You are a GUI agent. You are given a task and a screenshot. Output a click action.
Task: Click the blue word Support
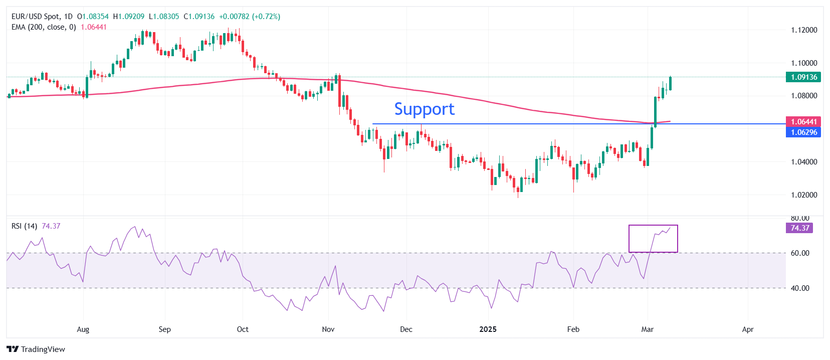[x=424, y=109]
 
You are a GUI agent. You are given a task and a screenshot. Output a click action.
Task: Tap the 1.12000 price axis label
[x=804, y=30]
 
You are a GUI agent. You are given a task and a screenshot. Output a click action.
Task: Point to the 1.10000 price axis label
[x=804, y=63]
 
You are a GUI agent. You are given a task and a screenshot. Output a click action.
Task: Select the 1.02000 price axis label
[x=804, y=195]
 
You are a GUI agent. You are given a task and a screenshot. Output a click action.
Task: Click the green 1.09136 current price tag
[x=803, y=77]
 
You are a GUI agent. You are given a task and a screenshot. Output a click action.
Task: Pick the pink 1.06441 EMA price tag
[x=803, y=122]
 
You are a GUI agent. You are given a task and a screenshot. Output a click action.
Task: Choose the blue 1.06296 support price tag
[x=803, y=132]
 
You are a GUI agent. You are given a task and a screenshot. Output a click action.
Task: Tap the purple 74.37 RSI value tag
[x=799, y=228]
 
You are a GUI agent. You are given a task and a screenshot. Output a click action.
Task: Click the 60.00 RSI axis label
[x=800, y=253]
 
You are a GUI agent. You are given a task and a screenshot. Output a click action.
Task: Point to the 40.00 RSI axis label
[x=800, y=288]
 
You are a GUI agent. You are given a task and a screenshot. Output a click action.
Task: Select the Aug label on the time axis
[x=83, y=329]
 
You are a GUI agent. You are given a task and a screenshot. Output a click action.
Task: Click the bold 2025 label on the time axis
[x=488, y=329]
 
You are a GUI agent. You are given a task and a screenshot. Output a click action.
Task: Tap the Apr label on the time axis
[x=747, y=329]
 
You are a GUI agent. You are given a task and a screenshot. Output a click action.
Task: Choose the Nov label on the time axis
[x=328, y=329]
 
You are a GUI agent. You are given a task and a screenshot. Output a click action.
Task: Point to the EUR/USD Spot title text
[x=35, y=17]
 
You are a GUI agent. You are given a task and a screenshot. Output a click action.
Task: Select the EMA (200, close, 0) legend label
[x=44, y=27]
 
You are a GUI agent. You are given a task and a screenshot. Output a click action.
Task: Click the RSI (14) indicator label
[x=24, y=226]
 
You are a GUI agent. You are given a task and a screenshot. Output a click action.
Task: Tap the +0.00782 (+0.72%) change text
[x=250, y=17]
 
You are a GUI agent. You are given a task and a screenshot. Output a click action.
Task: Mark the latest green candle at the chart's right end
[x=670, y=84]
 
